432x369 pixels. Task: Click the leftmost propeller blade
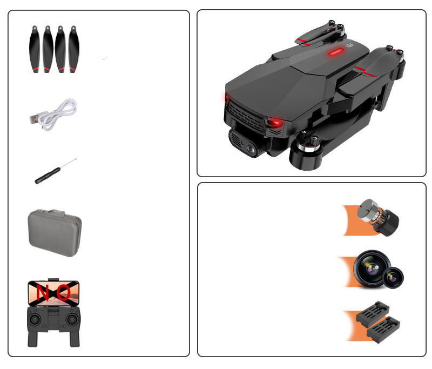pos(35,49)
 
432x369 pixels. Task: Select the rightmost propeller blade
pos(73,49)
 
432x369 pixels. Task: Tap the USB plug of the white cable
pos(35,119)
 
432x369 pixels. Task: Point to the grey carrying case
pos(55,233)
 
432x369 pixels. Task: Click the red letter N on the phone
pos(43,292)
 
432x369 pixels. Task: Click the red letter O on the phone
pos(64,292)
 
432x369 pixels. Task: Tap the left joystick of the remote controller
pos(35,319)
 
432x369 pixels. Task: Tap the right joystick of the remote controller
pos(72,319)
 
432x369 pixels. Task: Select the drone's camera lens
pos(251,149)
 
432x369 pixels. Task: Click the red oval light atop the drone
pos(335,52)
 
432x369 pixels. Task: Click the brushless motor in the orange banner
pos(377,217)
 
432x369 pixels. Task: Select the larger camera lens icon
pos(372,269)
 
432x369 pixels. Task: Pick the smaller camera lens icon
pos(393,278)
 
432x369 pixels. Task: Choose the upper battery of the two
pos(373,313)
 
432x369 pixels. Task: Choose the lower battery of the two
pos(383,330)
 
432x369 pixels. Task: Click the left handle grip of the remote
pos(32,339)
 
